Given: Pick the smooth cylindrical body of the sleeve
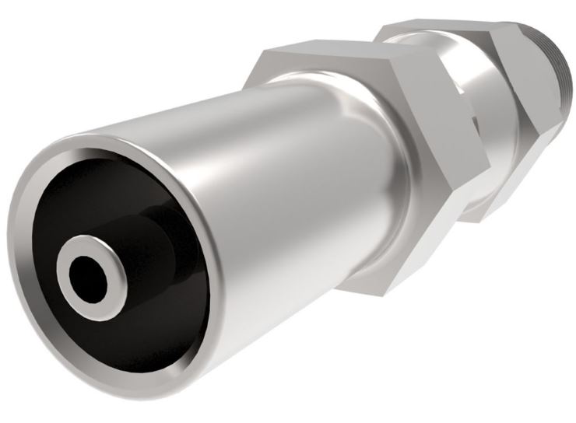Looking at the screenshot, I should point(257,156).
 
